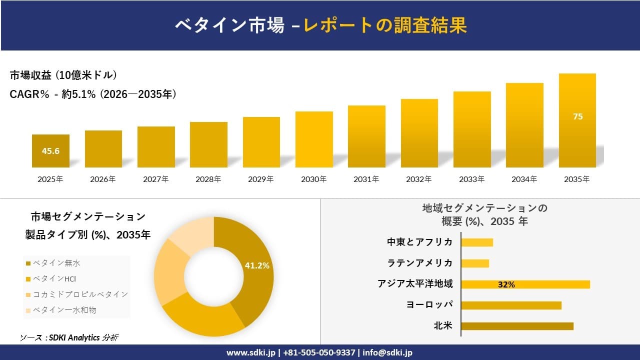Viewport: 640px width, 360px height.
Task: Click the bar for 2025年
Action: [x=50, y=151]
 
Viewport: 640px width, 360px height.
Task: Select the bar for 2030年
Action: [x=314, y=139]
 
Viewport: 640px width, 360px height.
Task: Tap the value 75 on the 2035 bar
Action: [x=577, y=116]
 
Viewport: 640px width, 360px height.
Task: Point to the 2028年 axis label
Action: [x=208, y=179]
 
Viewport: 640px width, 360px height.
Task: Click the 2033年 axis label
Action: [x=472, y=179]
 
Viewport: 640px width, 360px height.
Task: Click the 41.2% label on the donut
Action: [x=257, y=265]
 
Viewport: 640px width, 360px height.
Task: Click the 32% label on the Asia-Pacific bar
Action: [x=506, y=284]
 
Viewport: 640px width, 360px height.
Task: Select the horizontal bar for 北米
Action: [x=517, y=326]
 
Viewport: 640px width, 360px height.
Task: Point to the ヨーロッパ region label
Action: [x=430, y=304]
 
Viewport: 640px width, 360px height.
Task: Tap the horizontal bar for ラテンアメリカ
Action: [x=475, y=263]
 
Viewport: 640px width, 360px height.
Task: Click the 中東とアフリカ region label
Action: [x=419, y=242]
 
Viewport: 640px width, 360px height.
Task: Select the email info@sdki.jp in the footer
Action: [x=388, y=352]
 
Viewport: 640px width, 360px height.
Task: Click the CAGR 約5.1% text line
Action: [x=93, y=94]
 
